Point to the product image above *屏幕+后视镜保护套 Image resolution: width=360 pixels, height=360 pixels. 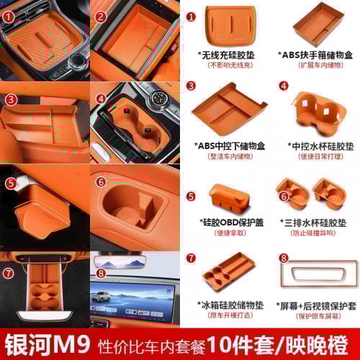tap(315, 274)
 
